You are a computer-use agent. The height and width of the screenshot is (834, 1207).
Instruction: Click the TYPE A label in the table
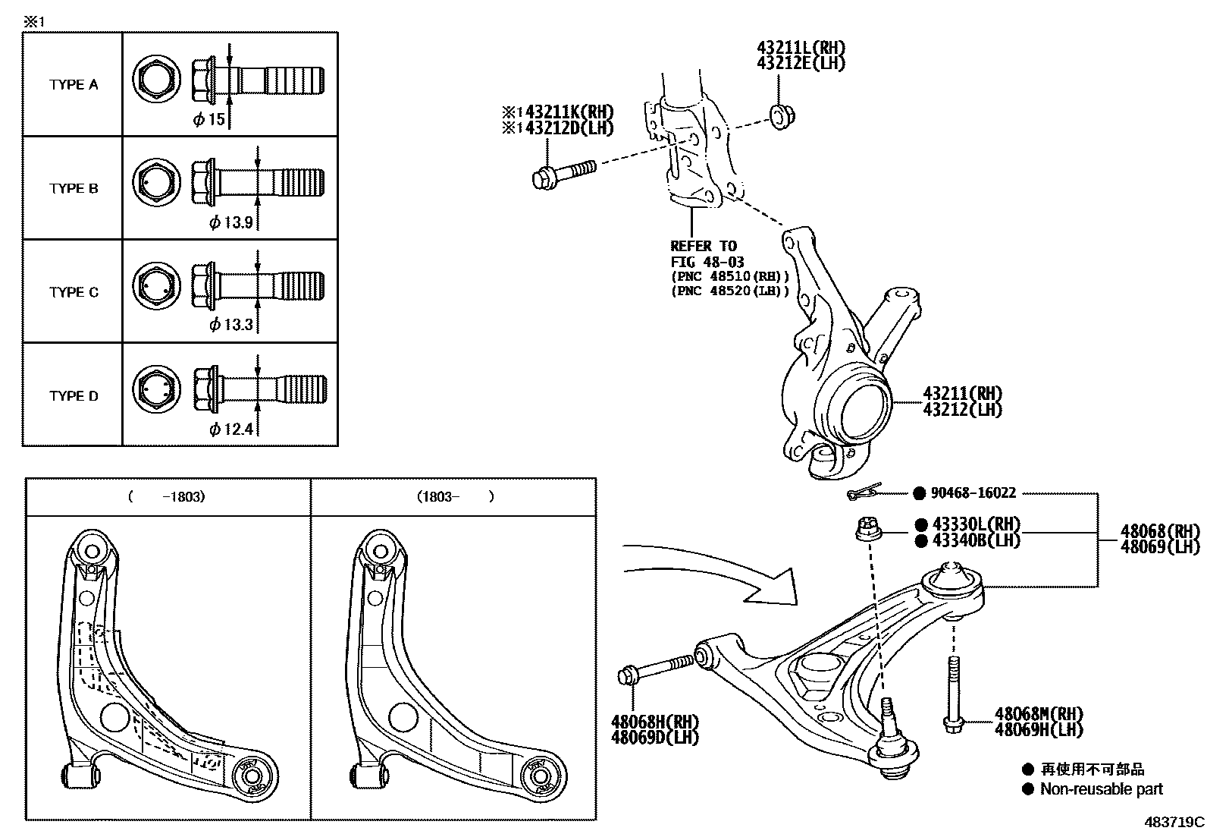(x=74, y=84)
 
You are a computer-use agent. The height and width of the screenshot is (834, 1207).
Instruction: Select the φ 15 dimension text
(x=208, y=119)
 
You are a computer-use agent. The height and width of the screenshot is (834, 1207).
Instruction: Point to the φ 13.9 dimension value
(x=230, y=222)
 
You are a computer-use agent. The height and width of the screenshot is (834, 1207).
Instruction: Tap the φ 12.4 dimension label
(x=230, y=430)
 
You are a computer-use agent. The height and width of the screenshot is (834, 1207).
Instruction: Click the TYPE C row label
(x=74, y=292)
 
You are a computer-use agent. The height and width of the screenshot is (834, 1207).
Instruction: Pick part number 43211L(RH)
(x=801, y=48)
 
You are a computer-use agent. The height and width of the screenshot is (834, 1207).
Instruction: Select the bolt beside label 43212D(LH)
(x=562, y=172)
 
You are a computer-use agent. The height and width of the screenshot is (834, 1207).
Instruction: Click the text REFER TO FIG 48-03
(x=705, y=253)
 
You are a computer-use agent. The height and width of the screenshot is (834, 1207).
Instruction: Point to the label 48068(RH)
(x=1160, y=530)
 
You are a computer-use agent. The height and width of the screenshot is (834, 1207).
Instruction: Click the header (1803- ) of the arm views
(x=454, y=497)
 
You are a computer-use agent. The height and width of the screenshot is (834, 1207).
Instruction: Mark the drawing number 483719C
(x=1174, y=822)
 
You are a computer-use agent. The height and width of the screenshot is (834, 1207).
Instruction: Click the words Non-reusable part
(x=1101, y=789)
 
